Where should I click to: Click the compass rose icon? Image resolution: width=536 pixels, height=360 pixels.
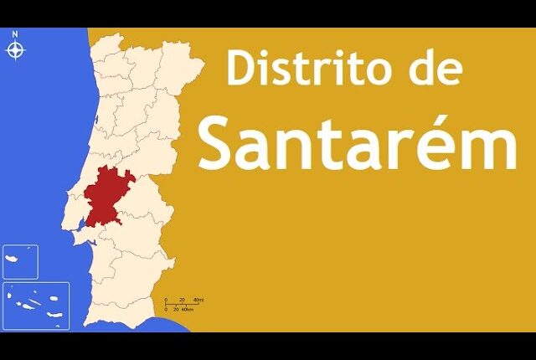(15, 50)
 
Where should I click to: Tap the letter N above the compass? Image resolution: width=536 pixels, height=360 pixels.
(15, 34)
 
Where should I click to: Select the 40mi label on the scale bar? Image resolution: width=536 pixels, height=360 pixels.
(198, 300)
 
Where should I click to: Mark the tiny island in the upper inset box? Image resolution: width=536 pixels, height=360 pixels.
(28, 249)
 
